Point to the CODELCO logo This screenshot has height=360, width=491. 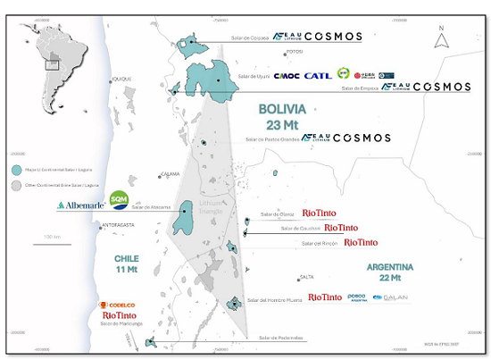tap(119, 306)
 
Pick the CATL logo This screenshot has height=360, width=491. tap(318, 76)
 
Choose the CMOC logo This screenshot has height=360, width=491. tap(287, 76)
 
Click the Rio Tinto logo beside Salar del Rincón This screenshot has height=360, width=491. tap(361, 242)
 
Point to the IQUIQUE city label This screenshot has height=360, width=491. tap(121, 80)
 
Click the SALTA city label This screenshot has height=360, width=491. tap(307, 277)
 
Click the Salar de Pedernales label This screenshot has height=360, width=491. tap(281, 338)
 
